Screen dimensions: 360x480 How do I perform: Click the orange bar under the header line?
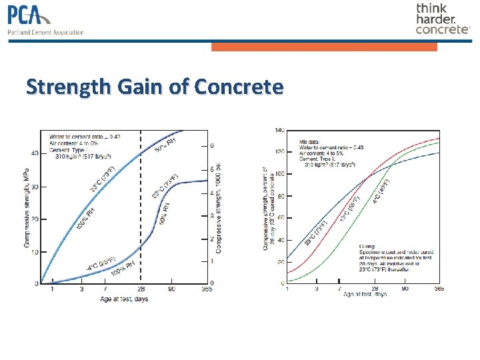tap(324, 47)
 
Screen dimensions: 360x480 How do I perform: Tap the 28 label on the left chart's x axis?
tap(141, 290)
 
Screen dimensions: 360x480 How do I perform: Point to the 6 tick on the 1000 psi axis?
tap(212, 145)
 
